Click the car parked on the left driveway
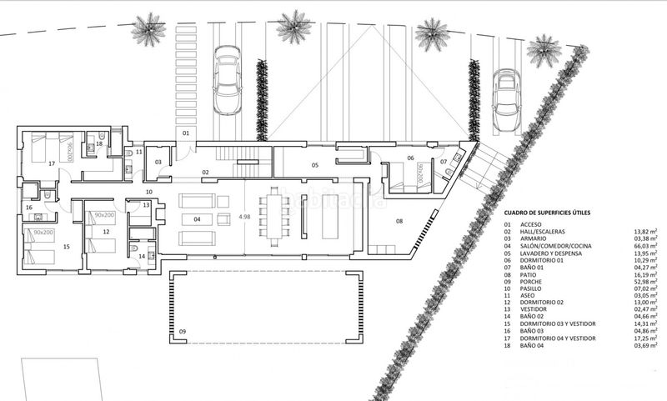[x=228, y=82]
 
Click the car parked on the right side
[x=506, y=100]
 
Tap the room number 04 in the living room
[x=198, y=219]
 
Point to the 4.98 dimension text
[x=244, y=217]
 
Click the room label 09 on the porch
[x=183, y=332]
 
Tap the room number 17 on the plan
[x=52, y=163]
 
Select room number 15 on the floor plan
[x=66, y=247]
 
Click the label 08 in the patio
[x=399, y=221]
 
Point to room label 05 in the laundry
[x=315, y=165]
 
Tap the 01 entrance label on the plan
[x=186, y=133]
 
